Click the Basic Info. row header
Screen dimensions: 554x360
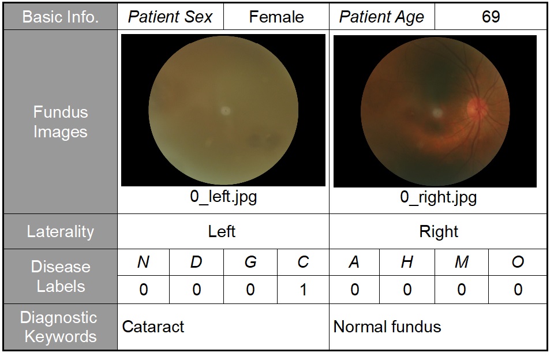point(61,17)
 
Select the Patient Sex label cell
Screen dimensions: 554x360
point(170,17)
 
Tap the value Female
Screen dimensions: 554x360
point(276,17)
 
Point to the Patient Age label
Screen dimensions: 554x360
point(381,17)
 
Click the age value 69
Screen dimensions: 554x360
point(491,17)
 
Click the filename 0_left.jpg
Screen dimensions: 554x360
point(223,196)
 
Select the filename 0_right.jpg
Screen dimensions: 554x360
point(438,197)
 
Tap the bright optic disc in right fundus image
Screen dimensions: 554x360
point(477,108)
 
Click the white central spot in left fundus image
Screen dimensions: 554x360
point(225,111)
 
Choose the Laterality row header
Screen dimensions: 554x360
point(61,231)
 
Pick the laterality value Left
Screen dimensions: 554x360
point(222,231)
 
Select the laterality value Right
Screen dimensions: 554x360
point(439,232)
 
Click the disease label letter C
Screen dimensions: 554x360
point(303,262)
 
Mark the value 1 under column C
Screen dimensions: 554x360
point(303,290)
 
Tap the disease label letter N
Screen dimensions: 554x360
point(143,262)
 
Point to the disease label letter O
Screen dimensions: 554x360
point(518,262)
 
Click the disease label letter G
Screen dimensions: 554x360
point(250,262)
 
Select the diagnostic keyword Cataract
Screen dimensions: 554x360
point(153,327)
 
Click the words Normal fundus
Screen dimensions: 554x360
point(387,327)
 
